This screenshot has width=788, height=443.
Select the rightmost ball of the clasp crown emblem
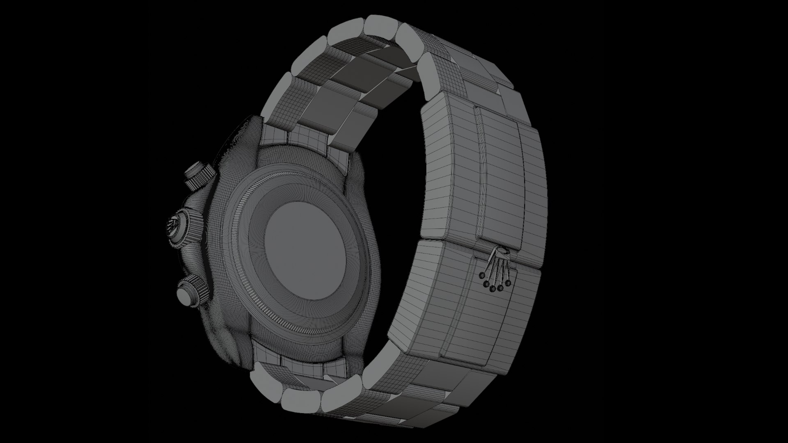[x=508, y=283]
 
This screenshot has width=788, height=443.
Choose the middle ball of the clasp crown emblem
[x=492, y=288]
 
